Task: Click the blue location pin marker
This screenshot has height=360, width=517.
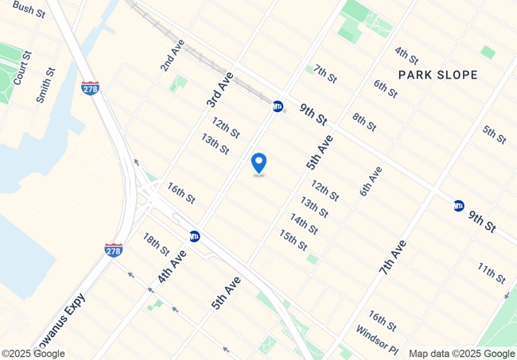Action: [x=258, y=163]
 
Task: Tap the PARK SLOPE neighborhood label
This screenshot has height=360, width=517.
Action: [x=438, y=75]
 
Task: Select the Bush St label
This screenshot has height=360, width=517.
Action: [x=28, y=9]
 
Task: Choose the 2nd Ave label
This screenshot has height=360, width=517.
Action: [x=172, y=55]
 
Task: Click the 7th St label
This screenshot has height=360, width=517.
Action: [x=326, y=72]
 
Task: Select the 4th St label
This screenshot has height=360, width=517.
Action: [x=406, y=55]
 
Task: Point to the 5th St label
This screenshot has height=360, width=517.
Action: [x=494, y=134]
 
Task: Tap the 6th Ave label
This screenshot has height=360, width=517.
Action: [x=371, y=181]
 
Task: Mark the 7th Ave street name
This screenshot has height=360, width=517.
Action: [x=393, y=257]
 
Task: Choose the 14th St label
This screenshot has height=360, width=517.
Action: [x=304, y=224]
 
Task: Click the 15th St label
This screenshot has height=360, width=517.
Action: [x=293, y=239]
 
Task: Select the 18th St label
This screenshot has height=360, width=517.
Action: [x=156, y=244]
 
